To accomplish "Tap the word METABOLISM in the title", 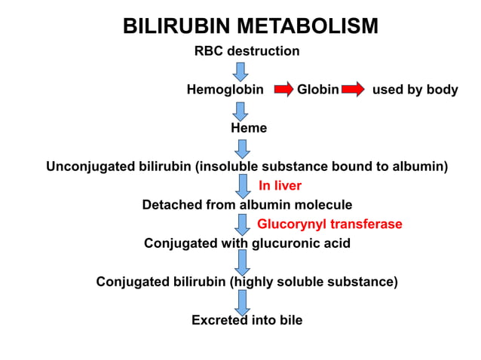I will pos(308,26).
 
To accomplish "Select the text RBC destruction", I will pos(247,51).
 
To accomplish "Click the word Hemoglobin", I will pos(225,90).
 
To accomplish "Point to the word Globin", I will pos(317,90).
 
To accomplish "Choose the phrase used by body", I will pos(415,90).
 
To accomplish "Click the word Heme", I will pos(249,128).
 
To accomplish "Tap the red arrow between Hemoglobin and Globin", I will pos(283,90).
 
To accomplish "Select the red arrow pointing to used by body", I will pos(352,90).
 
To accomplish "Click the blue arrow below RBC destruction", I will pos(240,72).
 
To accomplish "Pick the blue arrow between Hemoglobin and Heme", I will pos(240,111).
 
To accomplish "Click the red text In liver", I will pos(280,185).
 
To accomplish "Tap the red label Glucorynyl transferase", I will pos(329,224).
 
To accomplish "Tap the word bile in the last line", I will pos(289,320).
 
